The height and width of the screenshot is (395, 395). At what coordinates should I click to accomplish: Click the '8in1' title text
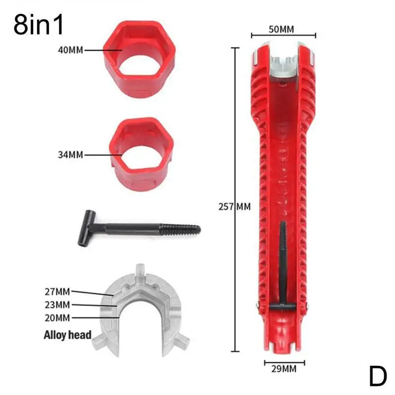point(39,25)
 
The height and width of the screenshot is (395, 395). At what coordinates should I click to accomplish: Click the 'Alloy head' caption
point(67,335)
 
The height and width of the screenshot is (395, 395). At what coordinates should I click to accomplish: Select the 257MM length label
point(234,206)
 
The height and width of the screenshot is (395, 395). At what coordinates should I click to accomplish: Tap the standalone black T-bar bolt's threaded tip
point(188,228)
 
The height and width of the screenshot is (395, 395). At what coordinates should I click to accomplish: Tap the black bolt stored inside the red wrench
point(282,262)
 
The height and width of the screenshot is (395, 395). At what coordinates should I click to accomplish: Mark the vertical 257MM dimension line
point(233,197)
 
